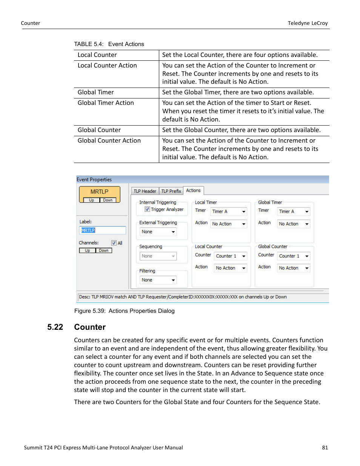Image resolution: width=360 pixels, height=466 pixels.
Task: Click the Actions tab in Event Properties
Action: click(x=193, y=191)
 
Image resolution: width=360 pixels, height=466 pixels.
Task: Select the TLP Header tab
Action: click(x=145, y=191)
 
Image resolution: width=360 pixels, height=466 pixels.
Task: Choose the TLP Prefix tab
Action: click(x=171, y=191)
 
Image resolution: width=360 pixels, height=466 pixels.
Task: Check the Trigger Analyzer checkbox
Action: click(x=148, y=209)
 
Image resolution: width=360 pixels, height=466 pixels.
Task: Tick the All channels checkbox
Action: click(x=114, y=243)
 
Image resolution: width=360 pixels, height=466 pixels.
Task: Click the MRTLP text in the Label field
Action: click(x=88, y=230)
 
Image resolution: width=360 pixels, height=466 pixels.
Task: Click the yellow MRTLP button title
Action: click(x=99, y=192)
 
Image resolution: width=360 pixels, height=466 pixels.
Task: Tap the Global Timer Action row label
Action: click(x=106, y=103)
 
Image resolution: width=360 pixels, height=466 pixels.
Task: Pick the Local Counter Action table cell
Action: click(x=107, y=66)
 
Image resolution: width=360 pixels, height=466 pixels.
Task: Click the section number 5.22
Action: click(x=55, y=327)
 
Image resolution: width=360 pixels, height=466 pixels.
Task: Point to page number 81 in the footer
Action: click(x=325, y=448)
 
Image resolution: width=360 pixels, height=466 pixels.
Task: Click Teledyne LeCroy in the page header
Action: click(x=308, y=23)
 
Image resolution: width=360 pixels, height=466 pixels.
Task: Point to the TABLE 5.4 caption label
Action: click(x=89, y=44)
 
